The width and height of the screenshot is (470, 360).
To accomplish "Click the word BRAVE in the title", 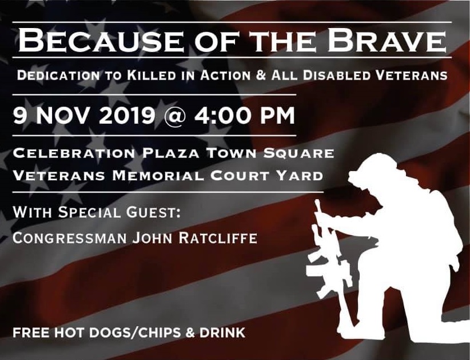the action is coord(386,40).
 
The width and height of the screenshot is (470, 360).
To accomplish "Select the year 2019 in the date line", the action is coord(127,116).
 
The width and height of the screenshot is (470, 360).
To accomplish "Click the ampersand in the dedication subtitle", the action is coord(261,76).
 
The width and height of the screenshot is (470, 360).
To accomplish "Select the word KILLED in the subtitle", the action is coord(152,76).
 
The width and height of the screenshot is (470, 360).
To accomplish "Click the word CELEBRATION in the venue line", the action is coord(74,153).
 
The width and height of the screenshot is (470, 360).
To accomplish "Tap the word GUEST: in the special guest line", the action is coord(153,212).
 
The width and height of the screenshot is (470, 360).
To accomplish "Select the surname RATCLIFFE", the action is coord(218,238).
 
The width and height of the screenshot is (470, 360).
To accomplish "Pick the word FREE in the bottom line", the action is coord(31,333).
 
